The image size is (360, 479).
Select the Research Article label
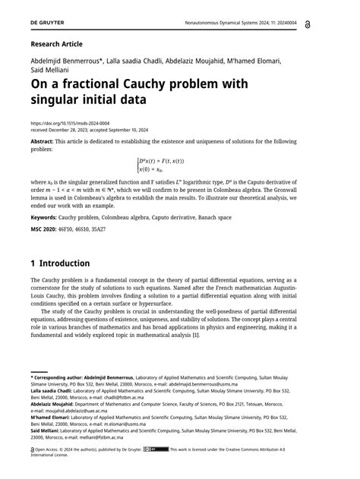(x=56, y=44)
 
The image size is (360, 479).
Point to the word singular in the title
(x=65, y=99)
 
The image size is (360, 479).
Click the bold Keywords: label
(x=49, y=216)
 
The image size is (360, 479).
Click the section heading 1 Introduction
(x=60, y=263)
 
